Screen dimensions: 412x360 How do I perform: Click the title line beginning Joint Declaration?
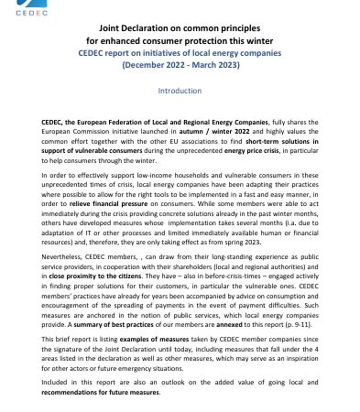click(x=180, y=55)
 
